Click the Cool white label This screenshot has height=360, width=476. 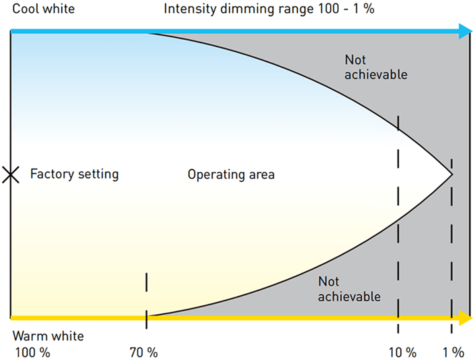click(x=44, y=9)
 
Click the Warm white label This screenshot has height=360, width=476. click(x=48, y=336)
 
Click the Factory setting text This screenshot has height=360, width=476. click(x=75, y=174)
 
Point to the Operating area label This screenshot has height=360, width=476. click(x=231, y=174)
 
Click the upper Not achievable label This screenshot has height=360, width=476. click(x=376, y=67)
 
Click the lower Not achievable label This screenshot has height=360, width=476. click(x=349, y=289)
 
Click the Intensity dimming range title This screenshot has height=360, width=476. click(x=269, y=9)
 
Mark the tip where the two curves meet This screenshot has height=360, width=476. click(x=451, y=174)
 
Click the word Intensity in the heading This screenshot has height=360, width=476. click(x=188, y=9)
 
